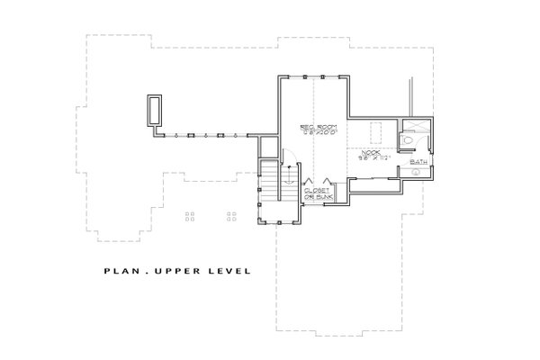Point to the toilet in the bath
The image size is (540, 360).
click(x=409, y=141)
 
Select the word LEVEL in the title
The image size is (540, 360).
click(x=229, y=269)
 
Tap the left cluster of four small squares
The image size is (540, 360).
click(x=189, y=216)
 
